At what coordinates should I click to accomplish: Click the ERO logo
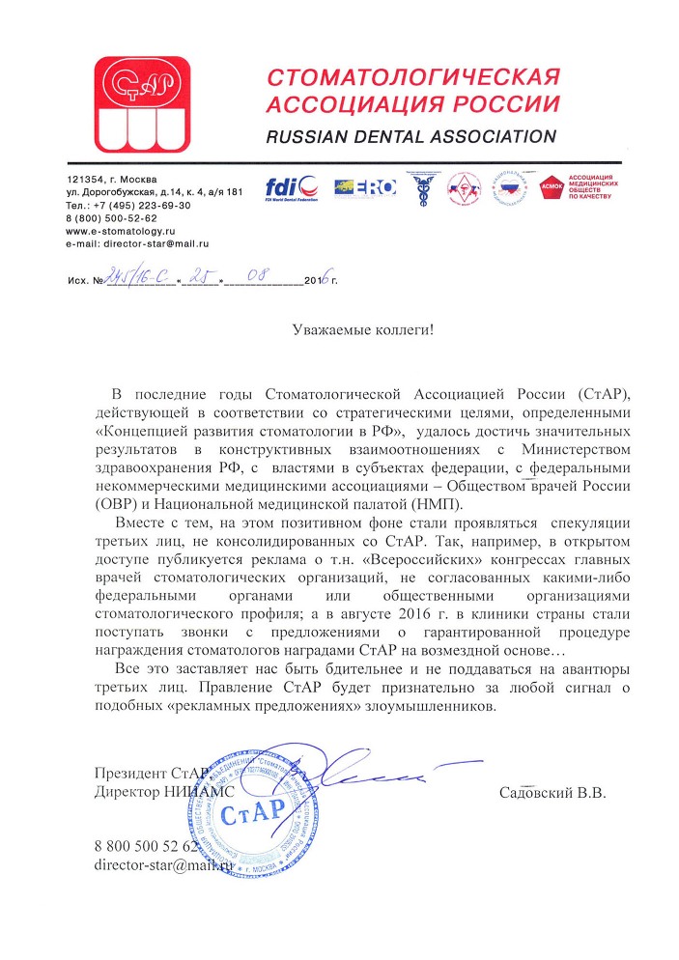[364, 187]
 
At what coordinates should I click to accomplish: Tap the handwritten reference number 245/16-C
[139, 280]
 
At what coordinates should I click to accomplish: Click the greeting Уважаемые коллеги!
[363, 329]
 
